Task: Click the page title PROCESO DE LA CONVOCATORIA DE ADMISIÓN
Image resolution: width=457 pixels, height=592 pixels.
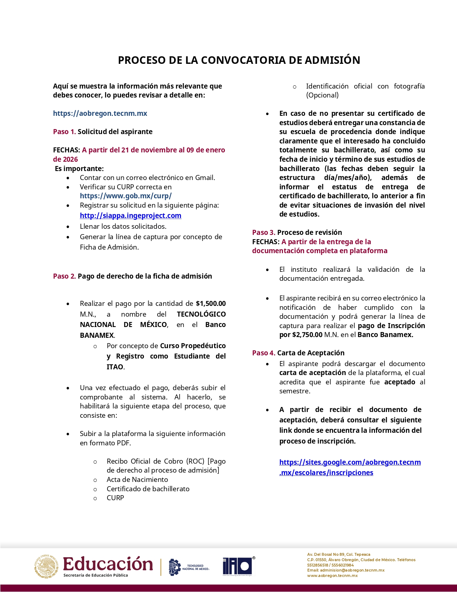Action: (239, 60)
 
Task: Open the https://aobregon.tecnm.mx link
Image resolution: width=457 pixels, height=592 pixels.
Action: (100, 113)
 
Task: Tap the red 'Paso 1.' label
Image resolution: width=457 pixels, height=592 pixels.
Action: (64, 132)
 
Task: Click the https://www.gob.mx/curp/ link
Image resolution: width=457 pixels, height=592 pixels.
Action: (126, 196)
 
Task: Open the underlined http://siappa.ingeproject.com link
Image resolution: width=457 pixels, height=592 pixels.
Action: (130, 216)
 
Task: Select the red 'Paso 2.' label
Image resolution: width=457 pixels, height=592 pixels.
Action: (64, 276)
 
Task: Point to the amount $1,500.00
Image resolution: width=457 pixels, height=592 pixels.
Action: (211, 304)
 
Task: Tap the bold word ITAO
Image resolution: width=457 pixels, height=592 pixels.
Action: (115, 367)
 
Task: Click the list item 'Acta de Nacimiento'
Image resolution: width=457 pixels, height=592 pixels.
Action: (137, 479)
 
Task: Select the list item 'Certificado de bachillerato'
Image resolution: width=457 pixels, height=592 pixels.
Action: (148, 489)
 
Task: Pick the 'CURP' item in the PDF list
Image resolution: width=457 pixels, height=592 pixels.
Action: (115, 498)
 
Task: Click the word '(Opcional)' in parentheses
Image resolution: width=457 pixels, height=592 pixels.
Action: (322, 95)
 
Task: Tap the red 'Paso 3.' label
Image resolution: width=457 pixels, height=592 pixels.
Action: (264, 232)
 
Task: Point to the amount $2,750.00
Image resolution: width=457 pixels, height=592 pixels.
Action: (307, 335)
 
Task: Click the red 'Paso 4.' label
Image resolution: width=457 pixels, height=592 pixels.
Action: (264, 353)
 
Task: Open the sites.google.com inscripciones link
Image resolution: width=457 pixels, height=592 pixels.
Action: (350, 467)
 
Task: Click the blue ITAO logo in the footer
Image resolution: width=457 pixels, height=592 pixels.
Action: (237, 567)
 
